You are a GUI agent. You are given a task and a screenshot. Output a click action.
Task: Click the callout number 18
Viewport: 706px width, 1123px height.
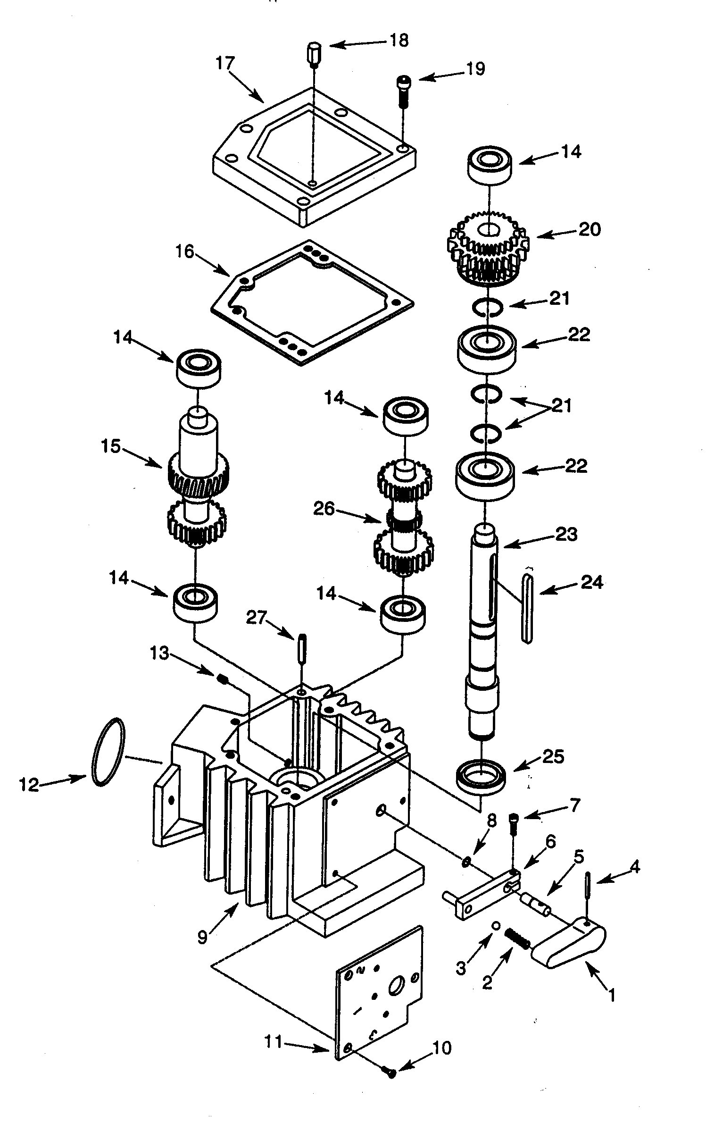[x=399, y=41]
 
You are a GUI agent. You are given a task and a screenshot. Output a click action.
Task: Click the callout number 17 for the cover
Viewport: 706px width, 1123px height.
[x=225, y=63]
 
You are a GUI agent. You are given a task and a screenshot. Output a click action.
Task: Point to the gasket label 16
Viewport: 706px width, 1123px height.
[x=185, y=252]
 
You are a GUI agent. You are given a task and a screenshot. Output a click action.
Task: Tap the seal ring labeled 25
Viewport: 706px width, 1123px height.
[x=481, y=774]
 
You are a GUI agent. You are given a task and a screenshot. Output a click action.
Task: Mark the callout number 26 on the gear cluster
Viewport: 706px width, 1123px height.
[x=324, y=509]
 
